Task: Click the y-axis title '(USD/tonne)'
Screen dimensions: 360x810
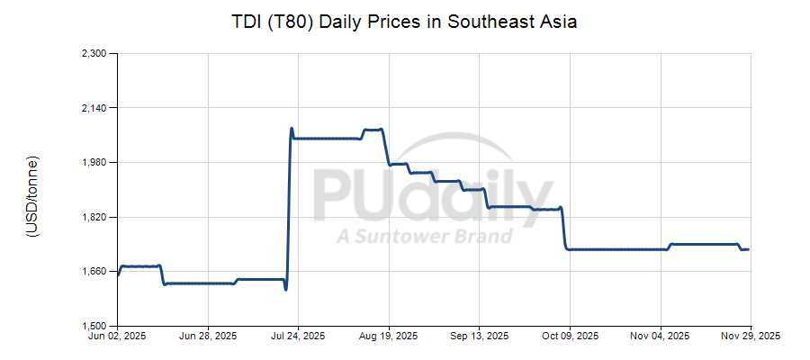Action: pos(32,196)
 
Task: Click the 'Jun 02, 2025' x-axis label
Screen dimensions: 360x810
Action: pos(118,337)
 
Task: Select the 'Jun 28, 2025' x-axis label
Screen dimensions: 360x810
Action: pos(208,337)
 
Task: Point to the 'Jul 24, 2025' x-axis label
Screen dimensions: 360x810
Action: pos(298,337)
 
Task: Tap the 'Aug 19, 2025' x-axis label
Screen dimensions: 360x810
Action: pos(389,337)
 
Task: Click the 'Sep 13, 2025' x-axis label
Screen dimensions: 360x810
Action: pos(478,337)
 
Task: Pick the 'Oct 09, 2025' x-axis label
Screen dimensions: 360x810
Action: pos(569,337)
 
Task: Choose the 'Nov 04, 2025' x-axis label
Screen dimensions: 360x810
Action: pos(661,337)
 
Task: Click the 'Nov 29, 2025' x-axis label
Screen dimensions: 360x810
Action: pos(751,337)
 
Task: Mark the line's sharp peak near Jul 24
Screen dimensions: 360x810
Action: pos(292,128)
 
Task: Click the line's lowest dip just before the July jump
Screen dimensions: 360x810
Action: pos(285,289)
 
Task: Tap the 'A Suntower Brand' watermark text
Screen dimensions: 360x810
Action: pos(425,237)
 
